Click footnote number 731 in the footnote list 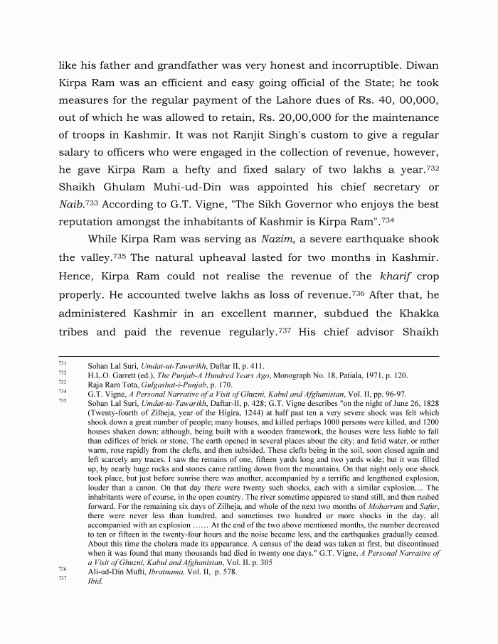[x=63, y=364]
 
